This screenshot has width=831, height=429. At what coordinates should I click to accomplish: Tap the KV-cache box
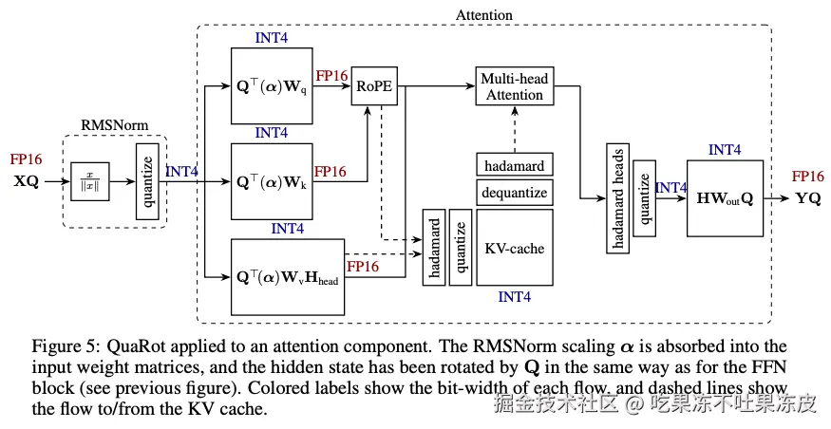pos(514,248)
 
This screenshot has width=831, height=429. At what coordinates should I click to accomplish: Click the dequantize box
pos(514,193)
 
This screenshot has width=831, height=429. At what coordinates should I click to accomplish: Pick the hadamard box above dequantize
pos(514,165)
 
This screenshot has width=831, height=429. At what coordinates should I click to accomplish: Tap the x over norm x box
pos(90,181)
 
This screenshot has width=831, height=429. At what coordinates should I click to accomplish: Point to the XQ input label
pos(26,181)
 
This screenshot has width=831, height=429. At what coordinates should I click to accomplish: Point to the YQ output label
pos(808,198)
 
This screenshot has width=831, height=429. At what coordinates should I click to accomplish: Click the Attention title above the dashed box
pos(484,14)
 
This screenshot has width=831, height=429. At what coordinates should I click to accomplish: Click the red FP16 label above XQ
pos(26,159)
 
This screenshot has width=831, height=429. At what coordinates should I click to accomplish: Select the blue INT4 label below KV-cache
pos(514,297)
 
